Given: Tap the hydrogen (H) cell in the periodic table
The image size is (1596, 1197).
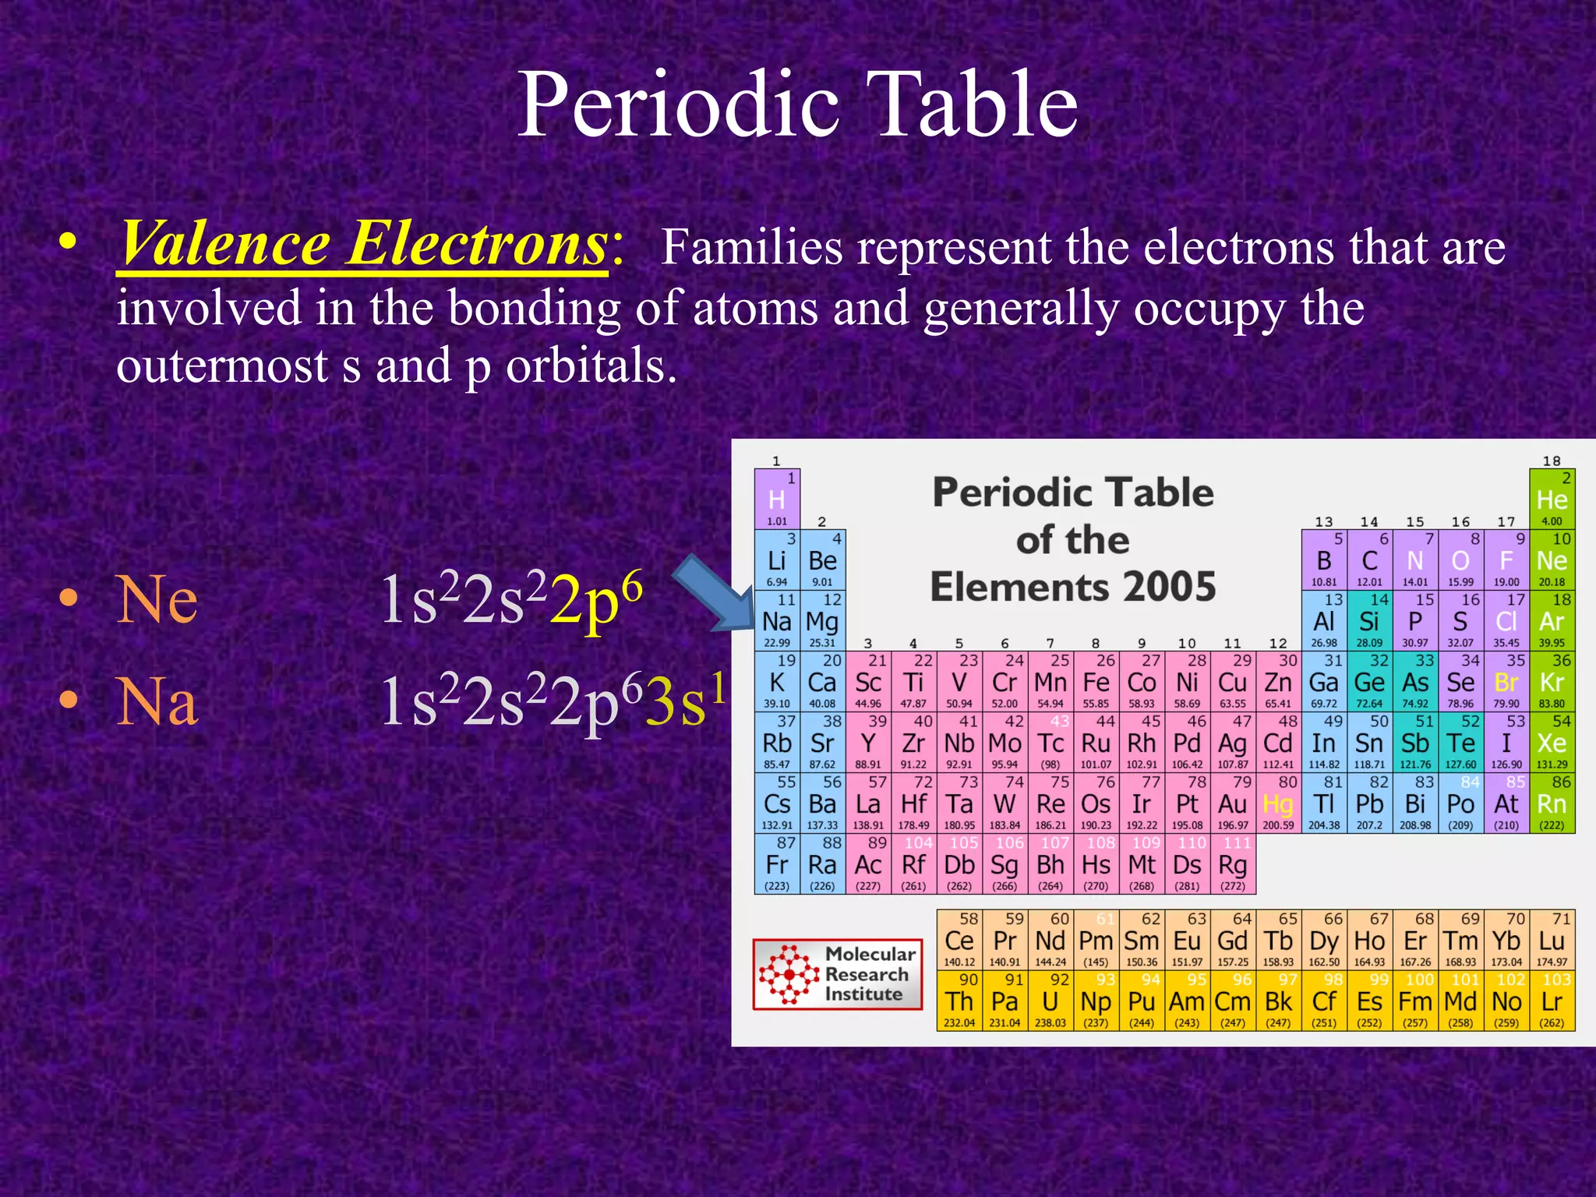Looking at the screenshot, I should [x=777, y=500].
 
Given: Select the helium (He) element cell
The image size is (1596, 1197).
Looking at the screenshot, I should [x=1552, y=500].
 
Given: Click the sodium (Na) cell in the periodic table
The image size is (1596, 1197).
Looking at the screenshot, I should [x=777, y=622].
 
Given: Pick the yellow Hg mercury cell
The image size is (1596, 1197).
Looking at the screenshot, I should [x=1278, y=804].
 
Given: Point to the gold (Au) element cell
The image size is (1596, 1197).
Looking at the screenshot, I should [x=1233, y=804].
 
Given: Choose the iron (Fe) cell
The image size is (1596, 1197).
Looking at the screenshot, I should [x=1096, y=683].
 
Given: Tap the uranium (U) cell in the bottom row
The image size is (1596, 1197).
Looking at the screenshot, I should [x=1050, y=1002].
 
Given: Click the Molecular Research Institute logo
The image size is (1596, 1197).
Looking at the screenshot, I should [x=838, y=974].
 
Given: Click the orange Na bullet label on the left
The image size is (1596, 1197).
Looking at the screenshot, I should [x=157, y=701].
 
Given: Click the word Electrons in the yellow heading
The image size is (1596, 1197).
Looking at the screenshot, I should [x=477, y=245].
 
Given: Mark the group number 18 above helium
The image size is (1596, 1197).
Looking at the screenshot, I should [x=1552, y=461].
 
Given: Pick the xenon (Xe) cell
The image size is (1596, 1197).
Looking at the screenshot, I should [x=1552, y=743].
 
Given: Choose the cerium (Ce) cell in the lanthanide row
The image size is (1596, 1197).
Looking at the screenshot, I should [x=959, y=941].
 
